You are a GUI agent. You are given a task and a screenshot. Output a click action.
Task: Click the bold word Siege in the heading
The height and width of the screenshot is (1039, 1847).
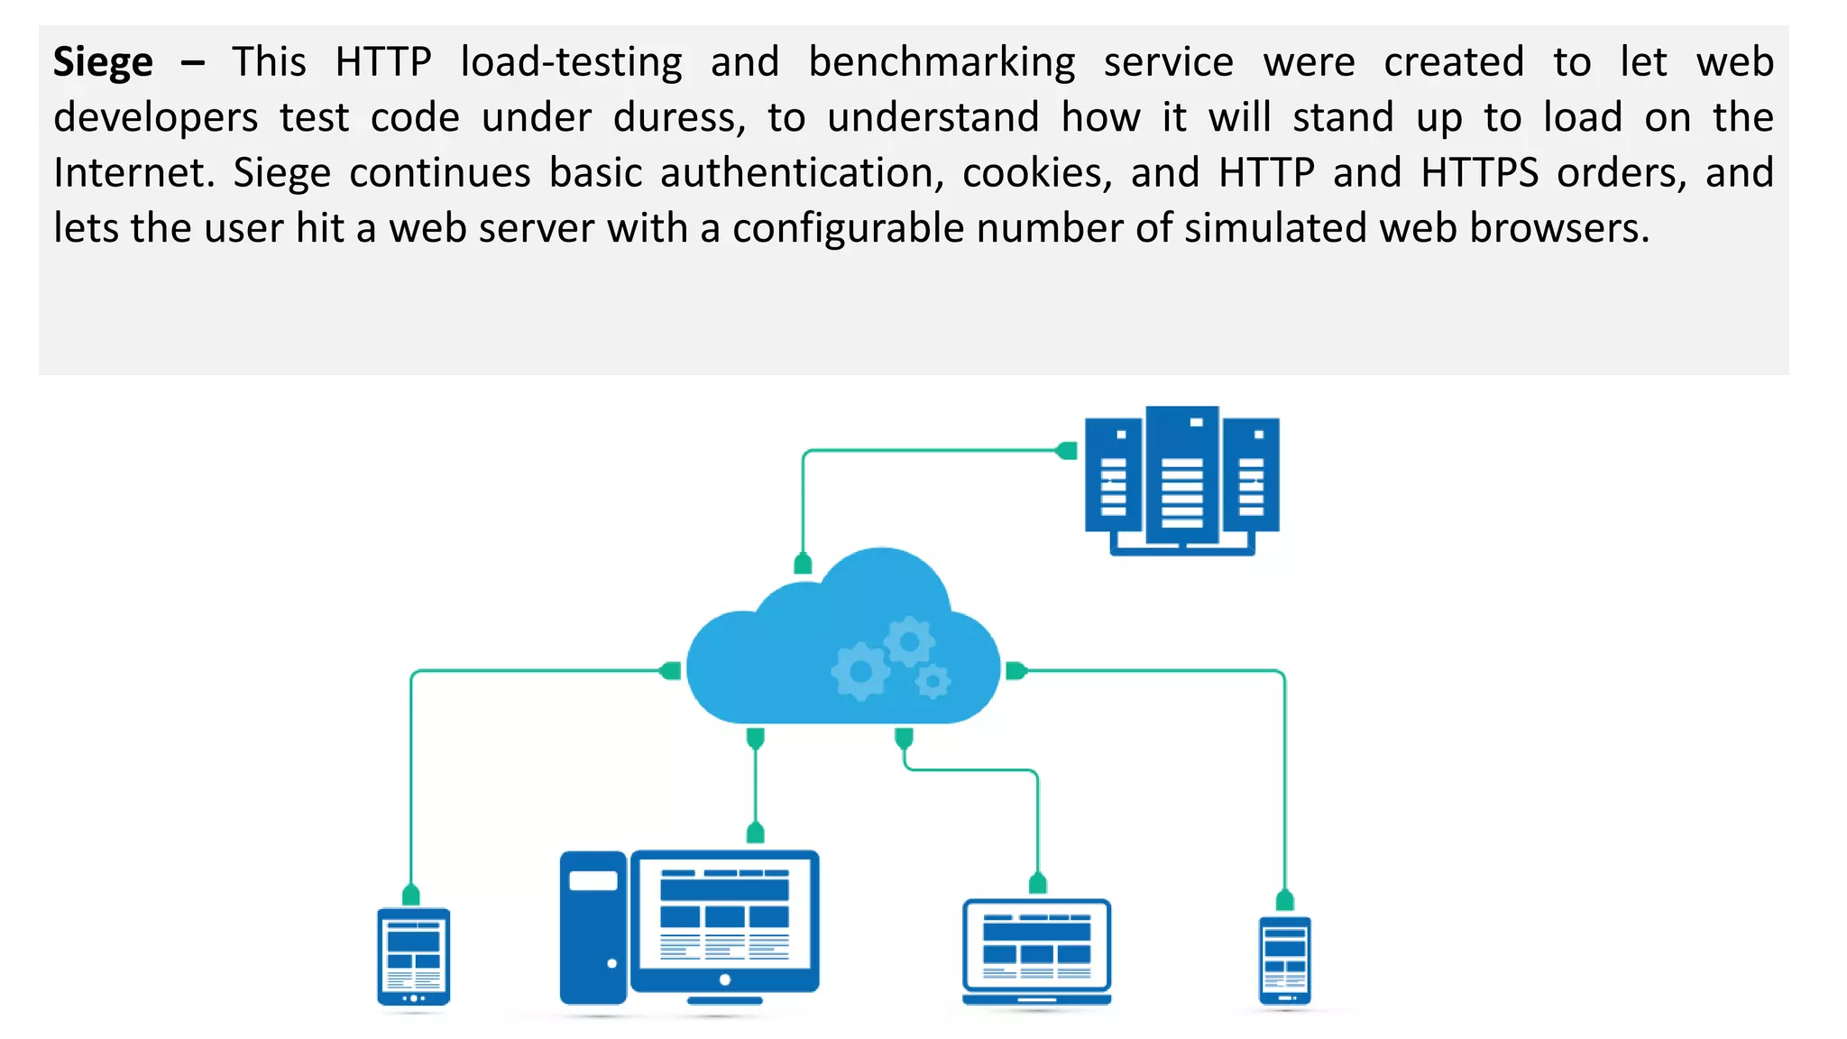coord(103,63)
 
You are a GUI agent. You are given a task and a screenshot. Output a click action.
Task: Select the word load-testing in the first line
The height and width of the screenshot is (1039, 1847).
coord(571,63)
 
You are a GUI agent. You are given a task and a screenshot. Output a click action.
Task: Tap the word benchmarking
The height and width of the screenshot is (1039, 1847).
coord(942,63)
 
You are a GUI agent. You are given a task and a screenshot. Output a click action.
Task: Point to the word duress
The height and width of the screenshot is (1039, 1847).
coord(678,118)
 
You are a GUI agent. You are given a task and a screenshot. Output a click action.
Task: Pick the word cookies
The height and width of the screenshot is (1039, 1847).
coord(1037,173)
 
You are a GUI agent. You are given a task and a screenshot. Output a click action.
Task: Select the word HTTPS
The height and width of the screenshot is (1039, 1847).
coord(1479,173)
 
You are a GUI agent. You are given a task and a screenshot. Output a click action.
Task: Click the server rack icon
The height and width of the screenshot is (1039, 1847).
coord(1181,480)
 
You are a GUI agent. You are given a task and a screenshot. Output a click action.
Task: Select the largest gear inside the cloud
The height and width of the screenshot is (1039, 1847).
coord(859,671)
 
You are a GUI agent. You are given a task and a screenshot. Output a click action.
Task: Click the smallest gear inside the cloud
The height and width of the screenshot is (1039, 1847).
coord(933,681)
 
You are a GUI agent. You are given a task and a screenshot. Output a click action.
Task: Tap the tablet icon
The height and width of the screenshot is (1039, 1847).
coord(413,958)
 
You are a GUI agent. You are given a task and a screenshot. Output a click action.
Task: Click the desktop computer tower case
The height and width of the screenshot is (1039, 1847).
coord(593,927)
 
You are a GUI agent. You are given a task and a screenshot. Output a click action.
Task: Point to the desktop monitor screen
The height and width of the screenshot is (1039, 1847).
coord(724,915)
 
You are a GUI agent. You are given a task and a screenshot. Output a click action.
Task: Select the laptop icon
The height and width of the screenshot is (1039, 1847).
coord(1036,952)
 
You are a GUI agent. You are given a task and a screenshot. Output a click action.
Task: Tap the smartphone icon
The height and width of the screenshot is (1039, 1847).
coord(1284,961)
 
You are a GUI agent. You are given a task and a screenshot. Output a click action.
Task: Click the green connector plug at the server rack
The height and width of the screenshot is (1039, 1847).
coord(1067,450)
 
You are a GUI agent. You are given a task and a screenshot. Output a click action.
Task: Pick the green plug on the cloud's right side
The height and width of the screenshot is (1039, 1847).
coord(1015,671)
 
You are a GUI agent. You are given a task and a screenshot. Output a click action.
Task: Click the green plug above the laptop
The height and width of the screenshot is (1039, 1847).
coord(1037,883)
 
